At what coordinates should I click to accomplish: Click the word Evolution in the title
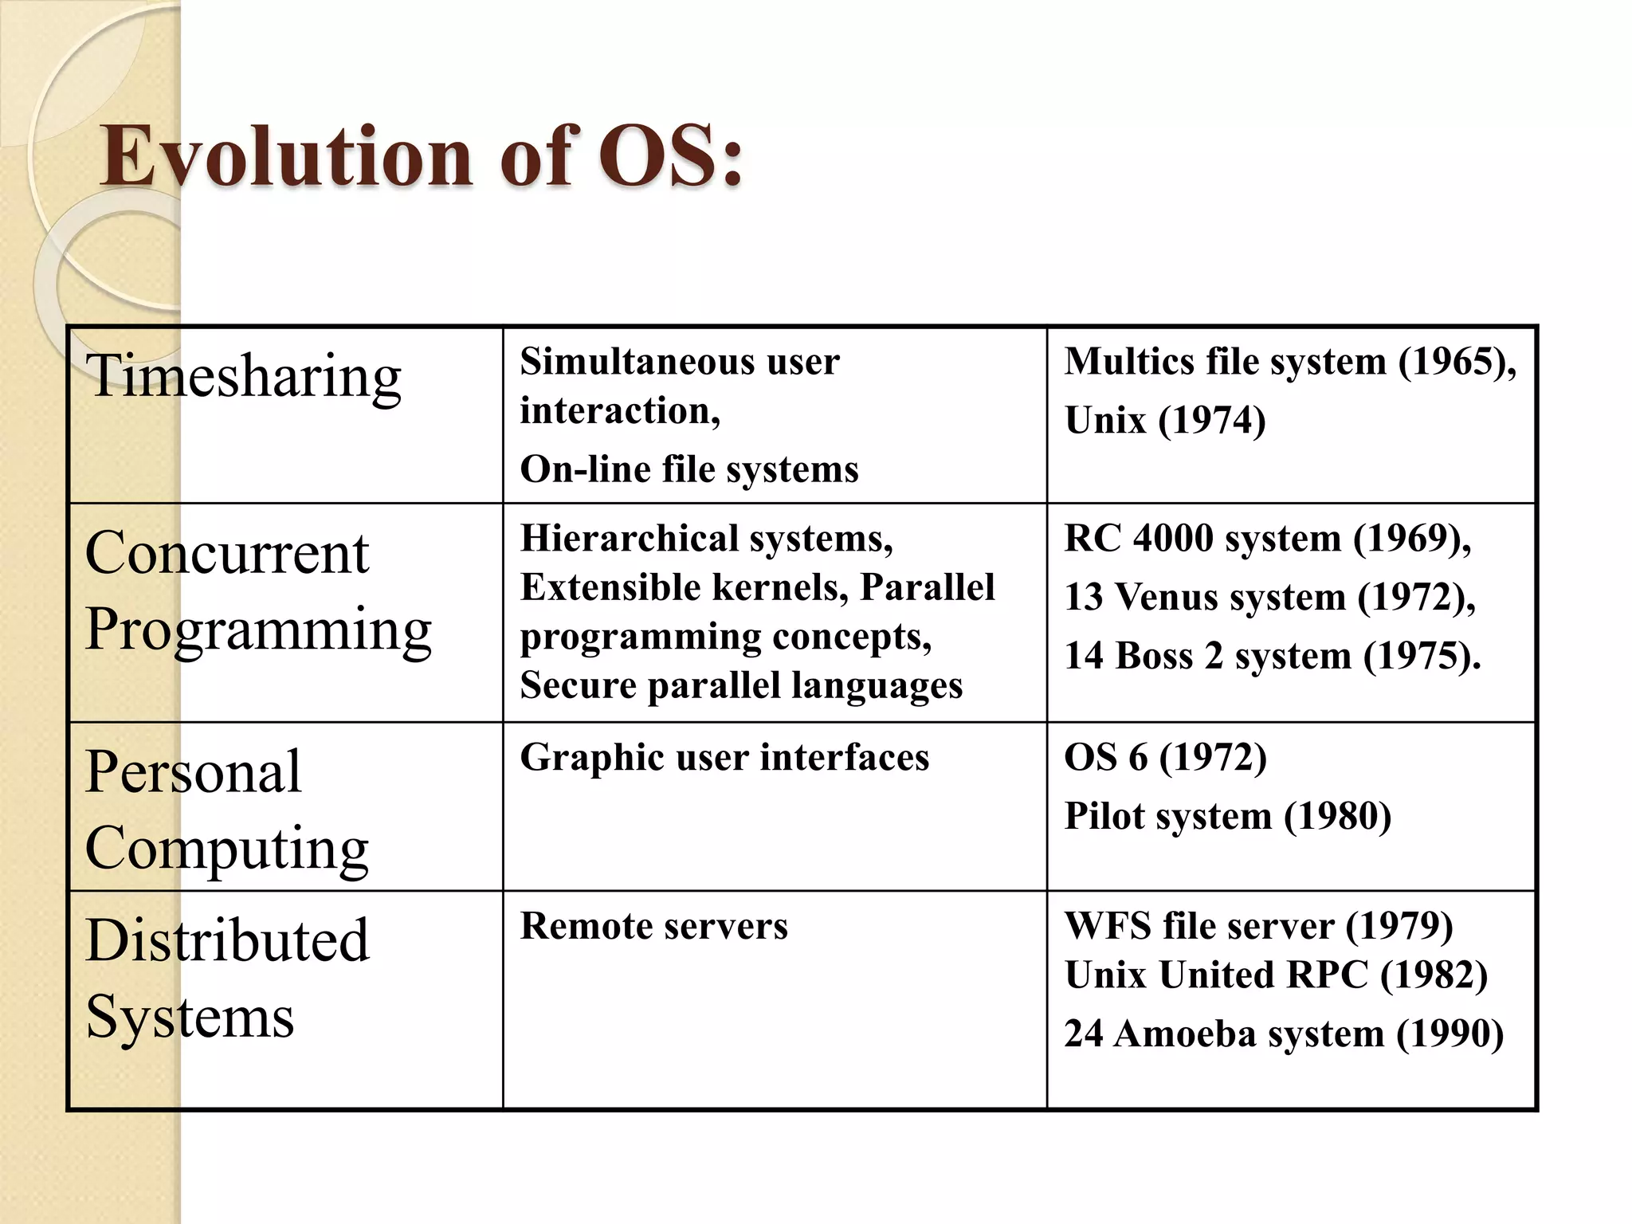[288, 156]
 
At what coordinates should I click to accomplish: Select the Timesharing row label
[243, 376]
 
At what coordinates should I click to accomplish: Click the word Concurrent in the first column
[227, 553]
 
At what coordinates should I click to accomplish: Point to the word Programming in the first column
[258, 630]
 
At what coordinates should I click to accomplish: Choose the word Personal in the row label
[194, 771]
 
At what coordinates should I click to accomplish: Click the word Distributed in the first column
[228, 940]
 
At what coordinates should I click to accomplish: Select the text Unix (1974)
[1165, 421]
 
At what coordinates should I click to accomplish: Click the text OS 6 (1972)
[1165, 757]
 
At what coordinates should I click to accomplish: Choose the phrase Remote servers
[653, 926]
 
